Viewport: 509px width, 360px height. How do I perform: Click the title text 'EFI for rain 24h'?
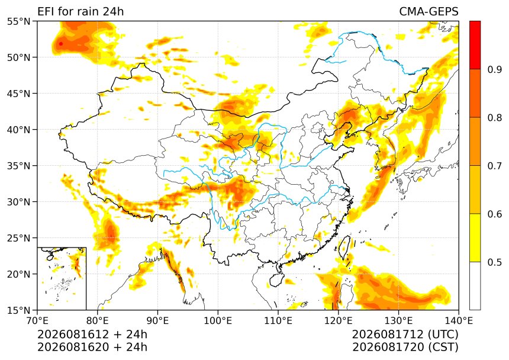coord(80,12)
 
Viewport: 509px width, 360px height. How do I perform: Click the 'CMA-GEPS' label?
coord(429,12)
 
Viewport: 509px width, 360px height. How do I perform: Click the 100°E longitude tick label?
coord(218,321)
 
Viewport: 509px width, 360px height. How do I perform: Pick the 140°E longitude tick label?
coord(458,321)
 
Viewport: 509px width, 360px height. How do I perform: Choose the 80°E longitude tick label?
coord(98,321)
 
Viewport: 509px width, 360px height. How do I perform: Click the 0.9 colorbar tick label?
coord(495,69)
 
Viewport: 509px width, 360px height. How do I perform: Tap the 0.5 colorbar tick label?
coord(495,262)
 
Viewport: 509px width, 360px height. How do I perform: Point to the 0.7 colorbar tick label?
coord(495,166)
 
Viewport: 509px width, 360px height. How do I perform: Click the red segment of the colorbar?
coord(475,45)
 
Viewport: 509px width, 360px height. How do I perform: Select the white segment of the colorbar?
coord(475,285)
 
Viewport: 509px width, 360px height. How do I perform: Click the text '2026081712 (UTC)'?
coord(405,334)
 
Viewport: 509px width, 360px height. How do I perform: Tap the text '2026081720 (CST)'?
coord(405,347)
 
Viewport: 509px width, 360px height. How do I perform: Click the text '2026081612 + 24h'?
coord(92,334)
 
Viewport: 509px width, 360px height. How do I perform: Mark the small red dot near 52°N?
coord(61,44)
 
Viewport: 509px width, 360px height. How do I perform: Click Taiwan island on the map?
coord(344,247)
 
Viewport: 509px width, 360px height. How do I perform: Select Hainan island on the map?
coord(277,279)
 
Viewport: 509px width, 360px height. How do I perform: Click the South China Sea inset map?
coord(62,278)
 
